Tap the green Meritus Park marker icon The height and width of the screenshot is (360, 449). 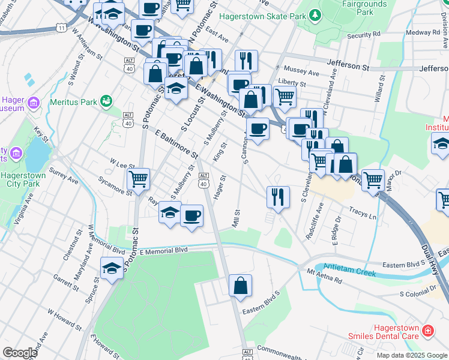tap(106, 101)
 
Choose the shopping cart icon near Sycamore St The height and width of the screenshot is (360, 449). tap(139, 178)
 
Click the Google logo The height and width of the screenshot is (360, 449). tap(20, 353)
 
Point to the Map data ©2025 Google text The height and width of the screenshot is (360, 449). tap(412, 355)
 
